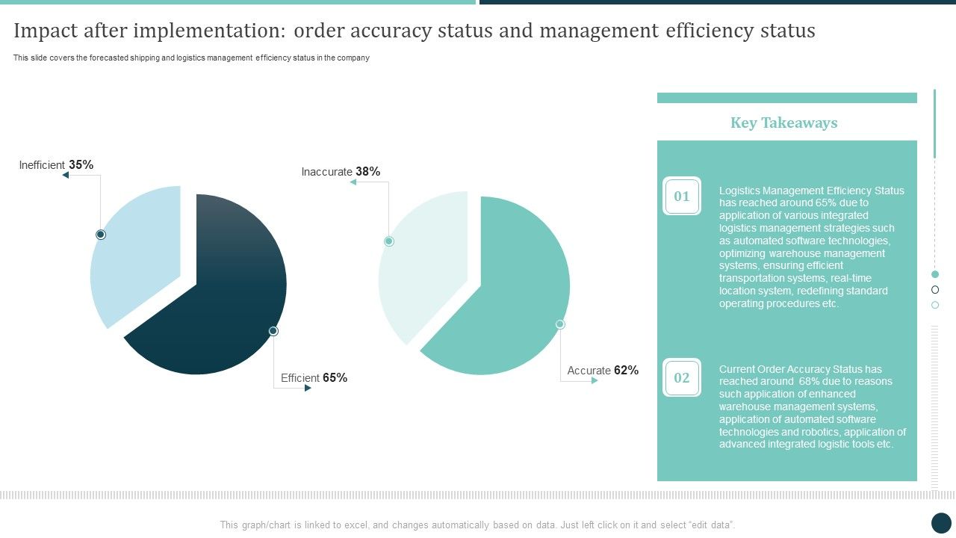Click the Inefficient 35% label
[x=56, y=165]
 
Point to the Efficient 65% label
[x=314, y=378]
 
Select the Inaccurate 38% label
[x=341, y=172]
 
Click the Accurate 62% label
[x=603, y=371]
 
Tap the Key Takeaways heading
[x=783, y=123]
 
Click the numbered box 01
[x=681, y=197]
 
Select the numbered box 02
[x=681, y=377]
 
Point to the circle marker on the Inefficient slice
[x=101, y=235]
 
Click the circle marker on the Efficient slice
[x=273, y=330]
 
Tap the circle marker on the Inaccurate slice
[x=388, y=241]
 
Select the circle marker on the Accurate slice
[x=560, y=324]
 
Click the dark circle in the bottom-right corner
[x=941, y=523]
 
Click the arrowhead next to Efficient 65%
[x=308, y=388]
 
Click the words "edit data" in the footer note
[x=713, y=525]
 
